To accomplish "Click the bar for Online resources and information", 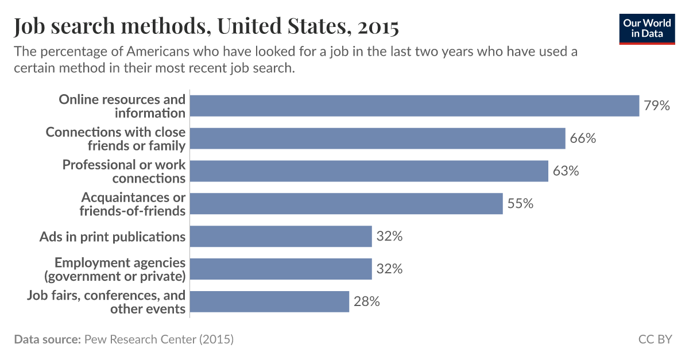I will click(414, 106).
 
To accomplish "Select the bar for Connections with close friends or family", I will click(377, 138).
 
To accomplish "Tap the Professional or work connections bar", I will click(369, 171).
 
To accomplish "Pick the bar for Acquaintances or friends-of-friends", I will click(346, 203).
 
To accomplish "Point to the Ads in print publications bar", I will click(281, 236).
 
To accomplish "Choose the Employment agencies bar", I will click(281, 269).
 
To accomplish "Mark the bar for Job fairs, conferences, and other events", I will click(269, 301).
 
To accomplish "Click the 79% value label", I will click(657, 106).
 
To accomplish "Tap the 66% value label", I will click(583, 138).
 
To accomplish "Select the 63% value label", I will click(566, 171).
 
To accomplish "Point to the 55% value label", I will click(520, 203).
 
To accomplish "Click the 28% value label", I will click(366, 301).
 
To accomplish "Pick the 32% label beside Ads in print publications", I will click(389, 236).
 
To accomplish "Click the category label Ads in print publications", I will click(113, 237).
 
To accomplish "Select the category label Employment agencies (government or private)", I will click(120, 269).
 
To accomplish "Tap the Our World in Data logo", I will click(646, 28).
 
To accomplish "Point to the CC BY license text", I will click(655, 339).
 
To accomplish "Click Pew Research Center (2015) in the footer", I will click(159, 339).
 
